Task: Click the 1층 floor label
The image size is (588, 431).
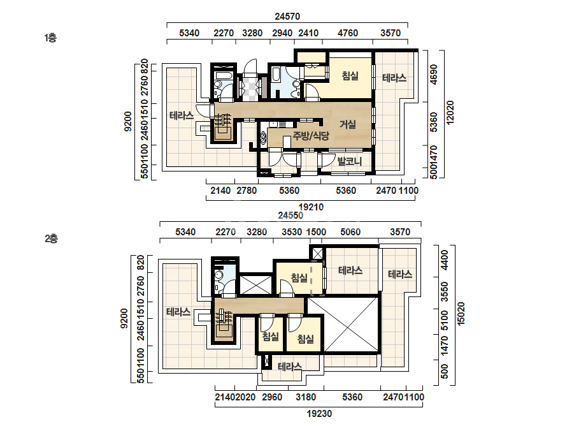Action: [50, 38]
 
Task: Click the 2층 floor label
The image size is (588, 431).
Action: [52, 239]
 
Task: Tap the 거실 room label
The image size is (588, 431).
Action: [348, 124]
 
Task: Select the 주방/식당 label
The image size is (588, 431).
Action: [311, 136]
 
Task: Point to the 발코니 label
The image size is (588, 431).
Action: [349, 161]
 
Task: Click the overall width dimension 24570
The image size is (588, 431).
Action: [287, 17]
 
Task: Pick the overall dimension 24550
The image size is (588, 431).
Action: [290, 215]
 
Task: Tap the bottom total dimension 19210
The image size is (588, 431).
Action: [311, 207]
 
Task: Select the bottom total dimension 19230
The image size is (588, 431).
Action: [319, 414]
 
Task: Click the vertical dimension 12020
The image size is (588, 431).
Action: [450, 112]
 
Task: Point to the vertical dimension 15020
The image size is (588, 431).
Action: [461, 314]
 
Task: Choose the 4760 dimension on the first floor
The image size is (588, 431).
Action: [348, 33]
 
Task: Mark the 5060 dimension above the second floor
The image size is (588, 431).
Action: [350, 232]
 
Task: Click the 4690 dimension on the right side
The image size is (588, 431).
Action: [433, 75]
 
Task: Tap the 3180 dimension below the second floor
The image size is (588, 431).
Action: [306, 397]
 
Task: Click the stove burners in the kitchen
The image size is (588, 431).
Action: [263, 136]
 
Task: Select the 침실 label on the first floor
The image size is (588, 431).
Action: [350, 76]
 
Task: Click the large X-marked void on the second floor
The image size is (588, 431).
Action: [343, 324]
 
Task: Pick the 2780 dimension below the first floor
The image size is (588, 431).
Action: [247, 191]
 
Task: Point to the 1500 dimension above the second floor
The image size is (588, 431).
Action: [316, 232]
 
